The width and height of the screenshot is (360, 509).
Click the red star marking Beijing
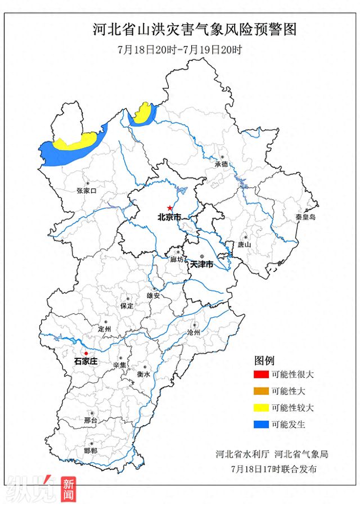point(170,208)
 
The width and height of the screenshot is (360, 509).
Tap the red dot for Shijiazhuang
point(86,353)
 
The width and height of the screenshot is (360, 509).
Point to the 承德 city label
point(221,164)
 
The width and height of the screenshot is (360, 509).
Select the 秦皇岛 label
point(306,217)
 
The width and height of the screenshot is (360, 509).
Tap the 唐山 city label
point(244,245)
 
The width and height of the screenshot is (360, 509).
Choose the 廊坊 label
point(177,259)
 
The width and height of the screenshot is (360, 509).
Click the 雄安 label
point(154,295)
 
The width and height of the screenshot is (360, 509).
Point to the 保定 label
point(127,306)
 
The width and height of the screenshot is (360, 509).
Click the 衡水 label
point(143,374)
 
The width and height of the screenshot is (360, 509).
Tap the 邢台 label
point(91,420)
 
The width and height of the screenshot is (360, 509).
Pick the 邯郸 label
point(90,451)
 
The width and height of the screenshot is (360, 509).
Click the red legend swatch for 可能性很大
point(262,375)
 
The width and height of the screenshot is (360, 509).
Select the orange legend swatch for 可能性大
point(262,391)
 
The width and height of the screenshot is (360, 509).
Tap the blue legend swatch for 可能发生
point(262,425)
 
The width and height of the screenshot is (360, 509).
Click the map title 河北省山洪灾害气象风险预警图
point(194,29)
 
